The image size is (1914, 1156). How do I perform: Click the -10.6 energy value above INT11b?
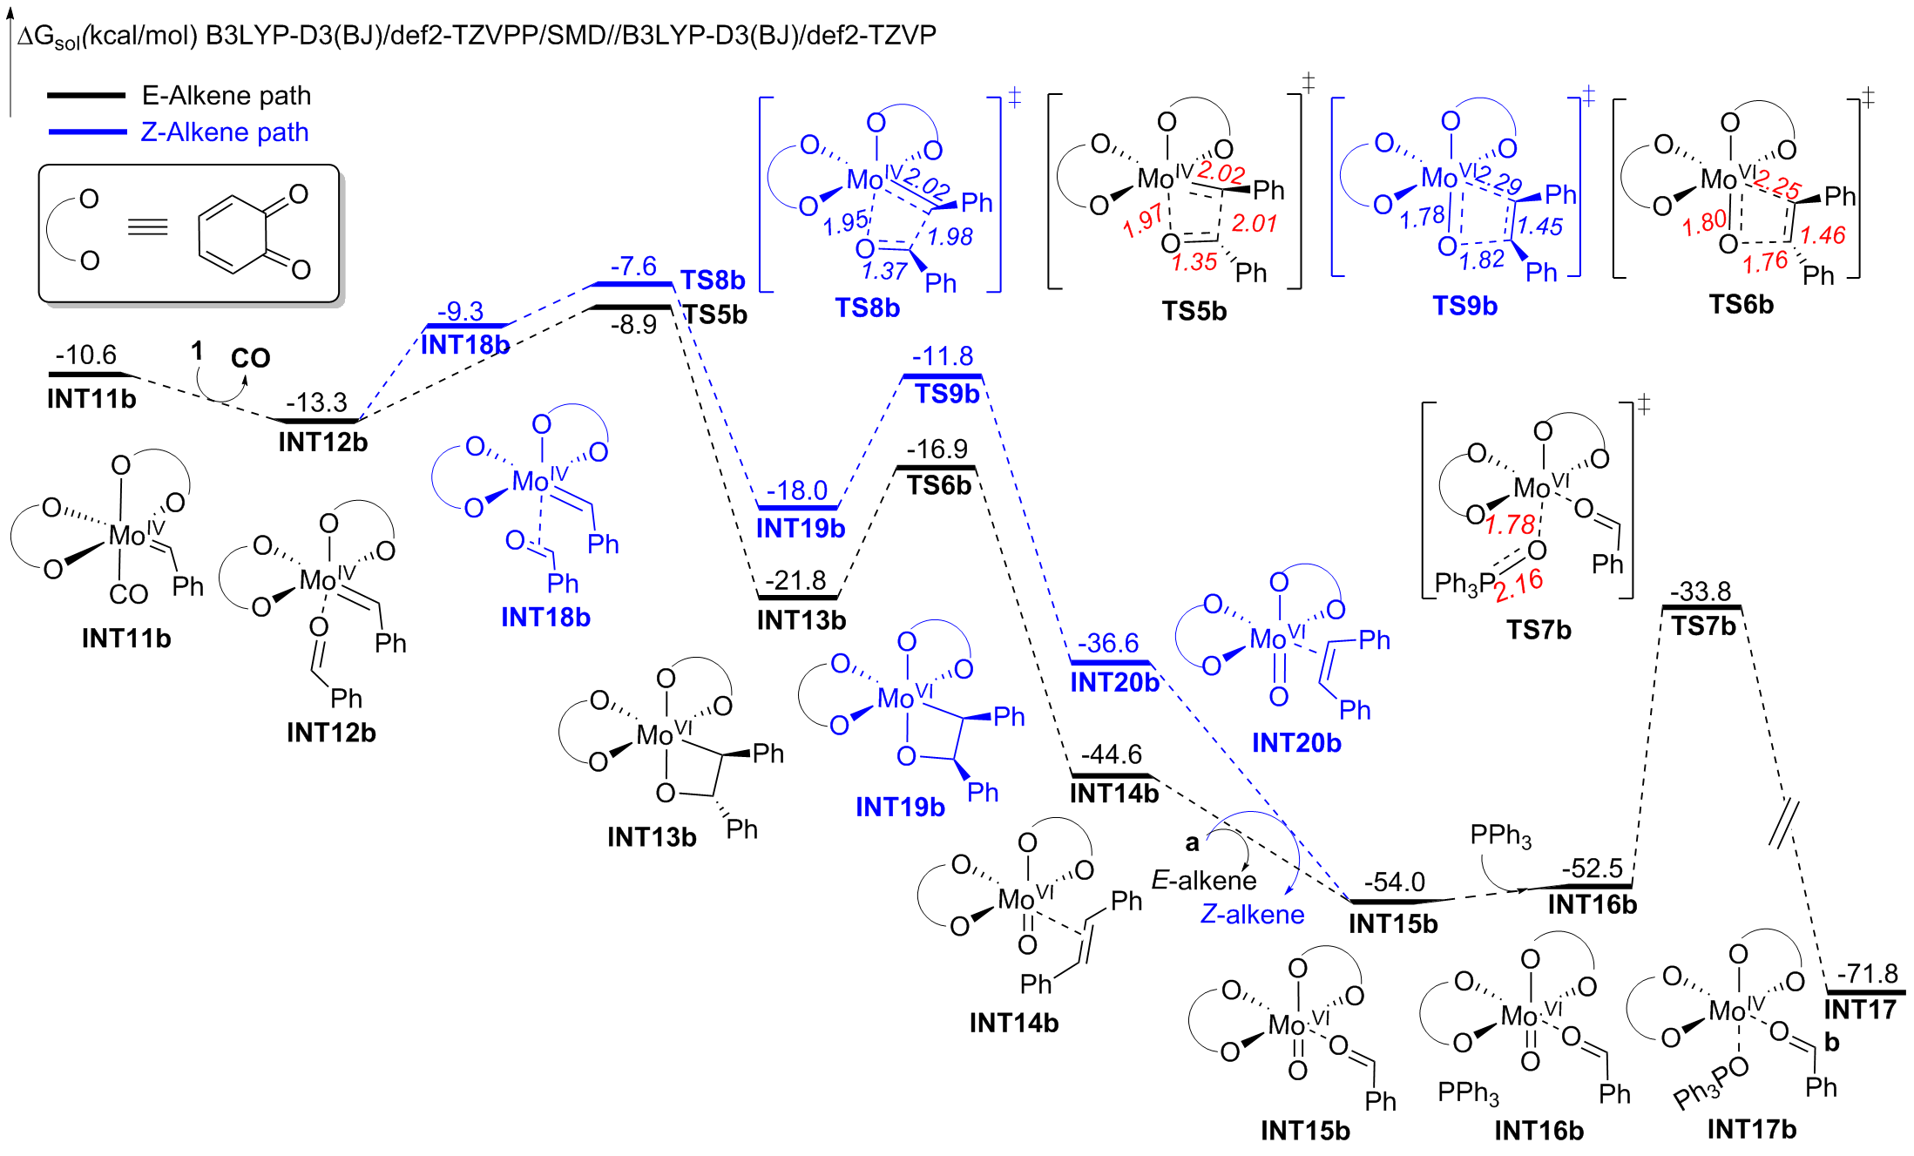point(85,355)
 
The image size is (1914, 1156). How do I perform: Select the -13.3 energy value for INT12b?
point(316,402)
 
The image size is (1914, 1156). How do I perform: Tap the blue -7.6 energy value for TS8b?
point(633,266)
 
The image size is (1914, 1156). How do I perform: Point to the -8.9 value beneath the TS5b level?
point(633,325)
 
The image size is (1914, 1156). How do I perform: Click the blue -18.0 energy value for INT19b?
point(796,490)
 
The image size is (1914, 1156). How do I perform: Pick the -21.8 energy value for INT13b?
point(795,580)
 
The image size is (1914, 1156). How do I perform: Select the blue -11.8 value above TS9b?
point(943,356)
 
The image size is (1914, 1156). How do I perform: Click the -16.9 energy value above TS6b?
point(937,450)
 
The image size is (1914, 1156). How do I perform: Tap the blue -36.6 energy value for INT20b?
point(1107,643)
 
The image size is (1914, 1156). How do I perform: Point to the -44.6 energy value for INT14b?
point(1111,754)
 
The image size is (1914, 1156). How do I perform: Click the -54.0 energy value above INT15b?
point(1394,882)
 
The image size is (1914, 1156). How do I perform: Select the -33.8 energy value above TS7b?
point(1701,592)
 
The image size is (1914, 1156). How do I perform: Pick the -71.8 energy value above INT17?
point(1867,973)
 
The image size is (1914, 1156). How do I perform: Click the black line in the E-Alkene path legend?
point(86,94)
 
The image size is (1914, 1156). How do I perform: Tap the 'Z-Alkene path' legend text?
point(225,132)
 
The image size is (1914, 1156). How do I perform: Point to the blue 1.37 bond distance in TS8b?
point(884,272)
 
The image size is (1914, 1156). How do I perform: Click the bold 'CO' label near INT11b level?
point(251,358)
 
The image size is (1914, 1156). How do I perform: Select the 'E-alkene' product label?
point(1203,881)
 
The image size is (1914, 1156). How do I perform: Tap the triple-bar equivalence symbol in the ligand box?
point(147,228)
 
